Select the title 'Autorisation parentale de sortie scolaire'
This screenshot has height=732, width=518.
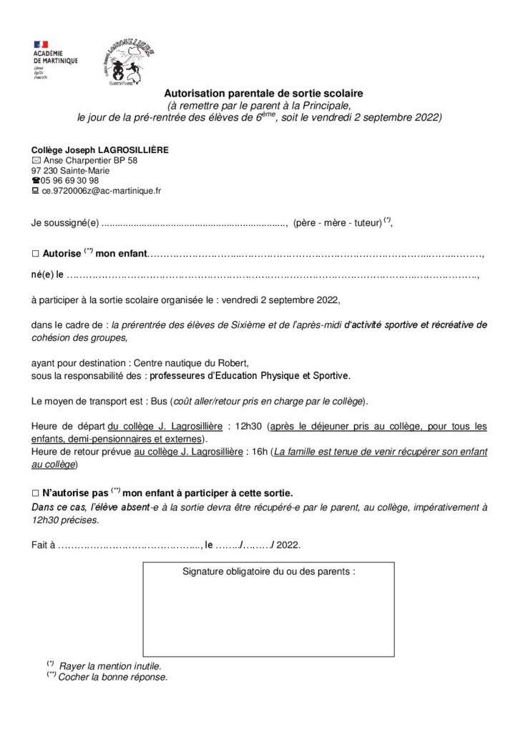click(x=264, y=94)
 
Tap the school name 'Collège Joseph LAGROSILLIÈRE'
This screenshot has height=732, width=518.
click(x=99, y=150)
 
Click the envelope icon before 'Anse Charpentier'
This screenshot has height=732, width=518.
click(x=36, y=161)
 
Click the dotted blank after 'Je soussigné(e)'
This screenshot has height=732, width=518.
click(x=194, y=223)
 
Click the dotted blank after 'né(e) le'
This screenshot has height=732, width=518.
click(x=273, y=274)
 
